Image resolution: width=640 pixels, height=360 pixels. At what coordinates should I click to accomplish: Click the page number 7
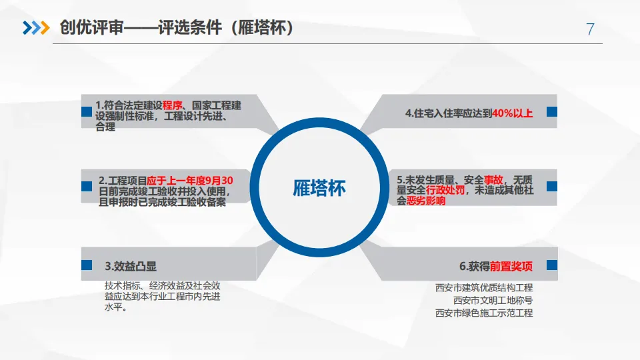[590, 29]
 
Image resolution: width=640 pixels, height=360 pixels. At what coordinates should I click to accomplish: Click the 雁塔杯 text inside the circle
[320, 188]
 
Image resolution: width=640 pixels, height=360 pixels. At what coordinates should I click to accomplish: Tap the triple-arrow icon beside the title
[36, 28]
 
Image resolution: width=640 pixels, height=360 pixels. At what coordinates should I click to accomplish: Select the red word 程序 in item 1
[173, 105]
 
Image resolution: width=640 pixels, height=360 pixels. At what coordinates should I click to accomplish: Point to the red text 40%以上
[513, 113]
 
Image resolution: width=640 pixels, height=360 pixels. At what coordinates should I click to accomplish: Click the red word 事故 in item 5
[494, 180]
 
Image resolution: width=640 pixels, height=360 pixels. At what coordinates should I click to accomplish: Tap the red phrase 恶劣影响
[426, 200]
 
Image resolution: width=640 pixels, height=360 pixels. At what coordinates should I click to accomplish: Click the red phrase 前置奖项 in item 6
[511, 266]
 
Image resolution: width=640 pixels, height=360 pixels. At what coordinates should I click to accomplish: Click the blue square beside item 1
[86, 112]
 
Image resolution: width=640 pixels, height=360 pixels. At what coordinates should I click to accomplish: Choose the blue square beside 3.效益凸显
[86, 265]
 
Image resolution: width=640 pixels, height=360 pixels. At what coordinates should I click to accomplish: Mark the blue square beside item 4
[551, 112]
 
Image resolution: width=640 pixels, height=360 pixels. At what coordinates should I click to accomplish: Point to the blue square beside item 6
[551, 265]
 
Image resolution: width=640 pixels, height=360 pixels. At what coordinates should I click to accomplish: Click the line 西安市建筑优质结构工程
[484, 288]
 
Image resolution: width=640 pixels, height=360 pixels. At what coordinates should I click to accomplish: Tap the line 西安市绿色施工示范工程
[484, 312]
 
